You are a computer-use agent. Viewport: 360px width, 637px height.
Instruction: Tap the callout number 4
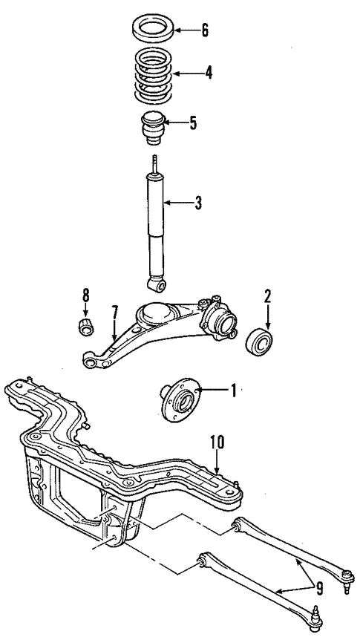[209, 73]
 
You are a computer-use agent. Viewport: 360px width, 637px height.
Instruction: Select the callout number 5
[193, 122]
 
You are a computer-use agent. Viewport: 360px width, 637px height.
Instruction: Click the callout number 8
[85, 295]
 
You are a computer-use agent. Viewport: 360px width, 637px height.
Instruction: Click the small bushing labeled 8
[85, 326]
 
